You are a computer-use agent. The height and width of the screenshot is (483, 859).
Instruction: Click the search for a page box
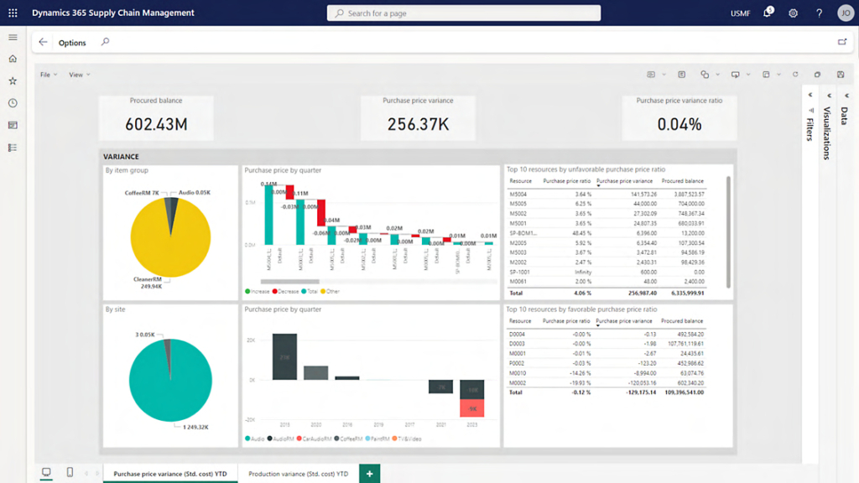[463, 13]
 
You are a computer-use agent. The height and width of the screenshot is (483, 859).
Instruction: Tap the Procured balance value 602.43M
[156, 124]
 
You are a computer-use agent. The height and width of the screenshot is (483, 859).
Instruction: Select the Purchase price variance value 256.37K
[418, 124]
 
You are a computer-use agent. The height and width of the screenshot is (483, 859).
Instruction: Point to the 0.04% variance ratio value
[679, 124]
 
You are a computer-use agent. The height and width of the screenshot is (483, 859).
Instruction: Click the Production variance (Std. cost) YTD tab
[298, 474]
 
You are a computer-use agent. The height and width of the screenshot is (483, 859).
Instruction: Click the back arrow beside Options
[43, 42]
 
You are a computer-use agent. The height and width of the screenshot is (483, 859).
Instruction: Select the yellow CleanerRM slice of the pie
[168, 239]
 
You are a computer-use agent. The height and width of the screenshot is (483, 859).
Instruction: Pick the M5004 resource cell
[518, 194]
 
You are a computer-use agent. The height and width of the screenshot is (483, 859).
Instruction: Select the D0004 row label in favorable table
[518, 334]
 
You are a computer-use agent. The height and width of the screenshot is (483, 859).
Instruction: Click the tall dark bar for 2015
[284, 356]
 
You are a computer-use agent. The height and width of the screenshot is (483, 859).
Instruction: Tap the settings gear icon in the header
[794, 13]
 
